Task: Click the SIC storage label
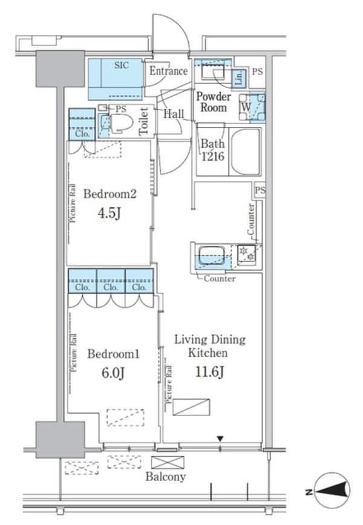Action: (x=121, y=65)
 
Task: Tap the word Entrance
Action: (x=168, y=71)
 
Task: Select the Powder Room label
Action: (x=214, y=102)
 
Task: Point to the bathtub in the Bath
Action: (x=246, y=152)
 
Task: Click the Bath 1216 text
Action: (x=212, y=151)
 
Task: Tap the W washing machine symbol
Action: (x=246, y=108)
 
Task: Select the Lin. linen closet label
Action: (x=239, y=77)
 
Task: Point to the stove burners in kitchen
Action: (x=247, y=253)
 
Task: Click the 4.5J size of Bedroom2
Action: (x=109, y=212)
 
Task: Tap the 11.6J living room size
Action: (x=209, y=371)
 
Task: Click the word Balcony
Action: (x=165, y=476)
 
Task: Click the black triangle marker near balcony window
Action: (x=220, y=439)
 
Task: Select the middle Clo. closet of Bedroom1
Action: (x=111, y=288)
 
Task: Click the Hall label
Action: (x=174, y=114)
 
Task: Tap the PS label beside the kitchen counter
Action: (x=260, y=191)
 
